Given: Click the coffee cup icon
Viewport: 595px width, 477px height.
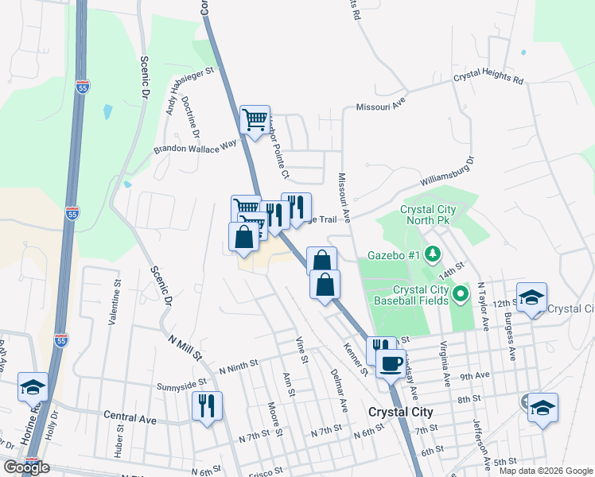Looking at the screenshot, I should (390, 364).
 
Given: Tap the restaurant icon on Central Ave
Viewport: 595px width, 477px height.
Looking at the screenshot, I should (207, 406).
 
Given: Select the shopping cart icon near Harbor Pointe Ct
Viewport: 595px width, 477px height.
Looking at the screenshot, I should (255, 120).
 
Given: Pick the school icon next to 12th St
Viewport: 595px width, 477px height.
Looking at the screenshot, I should (531, 297).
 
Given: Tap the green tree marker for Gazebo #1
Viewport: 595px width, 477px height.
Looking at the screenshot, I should (432, 254).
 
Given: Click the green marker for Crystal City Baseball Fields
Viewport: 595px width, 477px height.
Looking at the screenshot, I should (460, 296).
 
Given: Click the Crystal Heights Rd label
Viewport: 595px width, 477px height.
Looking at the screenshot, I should (488, 80).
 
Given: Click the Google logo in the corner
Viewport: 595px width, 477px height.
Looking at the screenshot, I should (26, 467).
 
